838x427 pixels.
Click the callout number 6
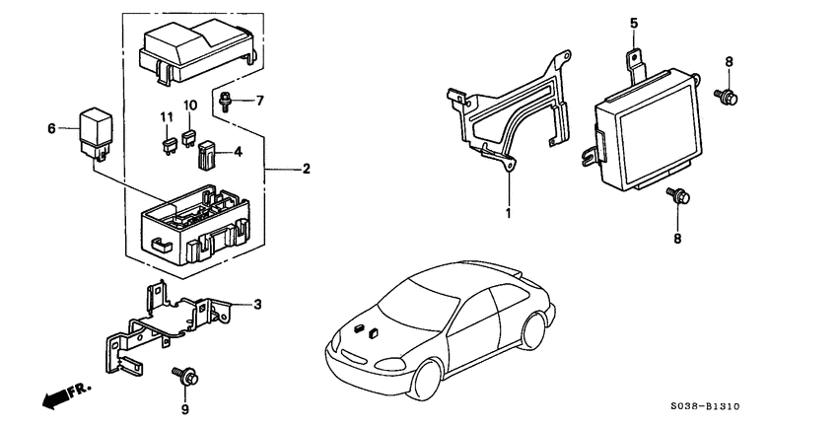click(52, 128)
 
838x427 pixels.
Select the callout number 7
click(260, 101)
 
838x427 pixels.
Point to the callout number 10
click(189, 105)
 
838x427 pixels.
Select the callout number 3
click(258, 305)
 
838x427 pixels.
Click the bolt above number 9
click(185, 375)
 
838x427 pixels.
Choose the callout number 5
click(634, 22)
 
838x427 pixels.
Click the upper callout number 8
click(729, 61)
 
